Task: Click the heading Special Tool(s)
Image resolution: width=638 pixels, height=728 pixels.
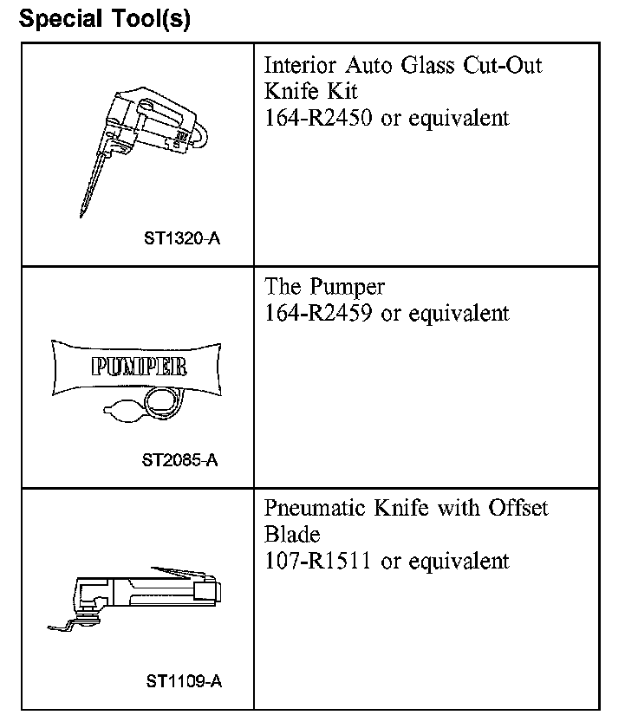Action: tap(104, 18)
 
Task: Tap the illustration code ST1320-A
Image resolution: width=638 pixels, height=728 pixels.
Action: tap(182, 237)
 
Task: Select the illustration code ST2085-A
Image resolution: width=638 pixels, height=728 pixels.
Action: tap(180, 459)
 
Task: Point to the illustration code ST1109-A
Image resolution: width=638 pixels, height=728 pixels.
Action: tap(184, 681)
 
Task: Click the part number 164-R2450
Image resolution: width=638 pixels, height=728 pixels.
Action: tap(319, 119)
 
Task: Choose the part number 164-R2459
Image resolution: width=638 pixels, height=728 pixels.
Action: tap(319, 313)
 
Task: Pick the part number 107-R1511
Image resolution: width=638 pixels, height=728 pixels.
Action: tap(317, 561)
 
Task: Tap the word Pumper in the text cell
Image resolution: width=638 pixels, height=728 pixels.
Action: tap(348, 287)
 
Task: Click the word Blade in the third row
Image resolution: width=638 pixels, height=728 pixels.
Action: tap(292, 535)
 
